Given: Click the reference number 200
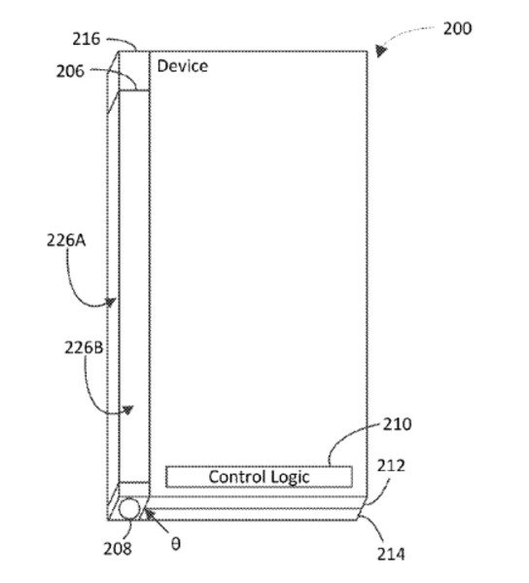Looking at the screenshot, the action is pos(457,28).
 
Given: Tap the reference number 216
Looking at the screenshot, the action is pos(87,39).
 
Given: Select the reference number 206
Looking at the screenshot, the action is pos(70,71).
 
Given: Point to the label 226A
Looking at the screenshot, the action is pos(66,240).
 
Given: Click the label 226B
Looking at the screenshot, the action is pos(84,347).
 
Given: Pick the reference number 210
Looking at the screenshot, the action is pos(397,424).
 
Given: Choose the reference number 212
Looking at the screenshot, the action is pos(391,466).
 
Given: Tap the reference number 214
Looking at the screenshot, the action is pos(391,554).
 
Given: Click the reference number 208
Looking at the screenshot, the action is pos(118,548).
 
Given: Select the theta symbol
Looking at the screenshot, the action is pos(176,544).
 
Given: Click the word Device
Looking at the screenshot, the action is pos(183,66).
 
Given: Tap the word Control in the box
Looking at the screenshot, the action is pos(237,477).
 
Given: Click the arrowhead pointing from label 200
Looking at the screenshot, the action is pos(380,51).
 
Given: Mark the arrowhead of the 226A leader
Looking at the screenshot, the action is pos(110,303).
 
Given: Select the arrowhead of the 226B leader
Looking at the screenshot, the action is pos(127,410).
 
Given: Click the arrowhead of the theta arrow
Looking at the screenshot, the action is pos(150,515).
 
